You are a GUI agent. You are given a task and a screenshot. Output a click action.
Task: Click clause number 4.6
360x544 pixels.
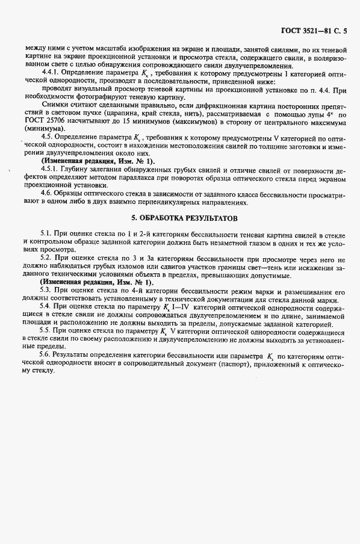pos(47,191)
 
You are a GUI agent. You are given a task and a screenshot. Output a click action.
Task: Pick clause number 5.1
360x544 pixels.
pos(46,232)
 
